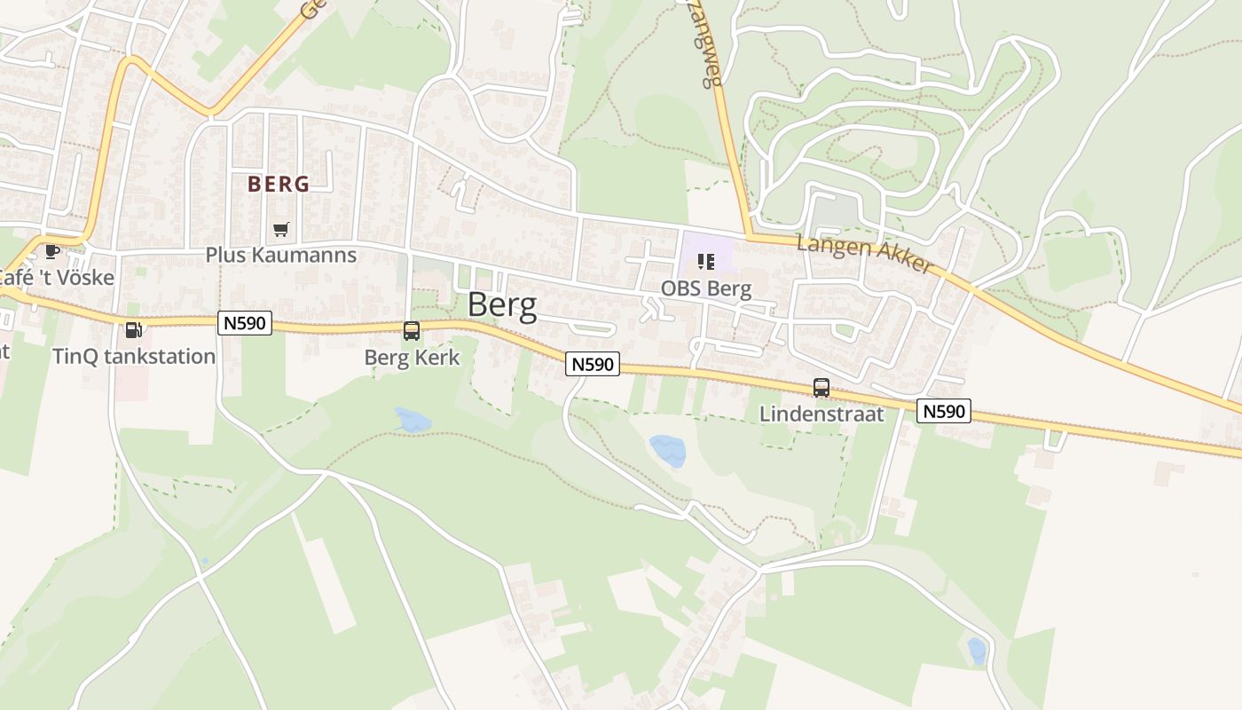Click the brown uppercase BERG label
(x=279, y=185)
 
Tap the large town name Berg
(x=502, y=305)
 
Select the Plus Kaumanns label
(x=280, y=256)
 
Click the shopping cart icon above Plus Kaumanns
(x=281, y=230)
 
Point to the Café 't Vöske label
(x=55, y=278)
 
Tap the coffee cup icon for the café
(x=52, y=251)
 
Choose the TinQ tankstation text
(x=134, y=357)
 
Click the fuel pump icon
(x=133, y=330)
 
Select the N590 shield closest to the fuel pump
(x=244, y=323)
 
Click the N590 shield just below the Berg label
(x=593, y=364)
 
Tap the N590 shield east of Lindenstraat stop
(x=944, y=411)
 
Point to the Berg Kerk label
(x=412, y=358)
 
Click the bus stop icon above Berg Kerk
(x=412, y=331)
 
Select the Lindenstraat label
(x=821, y=414)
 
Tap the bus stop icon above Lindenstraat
(x=821, y=388)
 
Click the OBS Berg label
(x=706, y=288)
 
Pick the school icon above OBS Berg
(x=706, y=262)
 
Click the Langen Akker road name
(x=865, y=254)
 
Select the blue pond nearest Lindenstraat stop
(x=668, y=450)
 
